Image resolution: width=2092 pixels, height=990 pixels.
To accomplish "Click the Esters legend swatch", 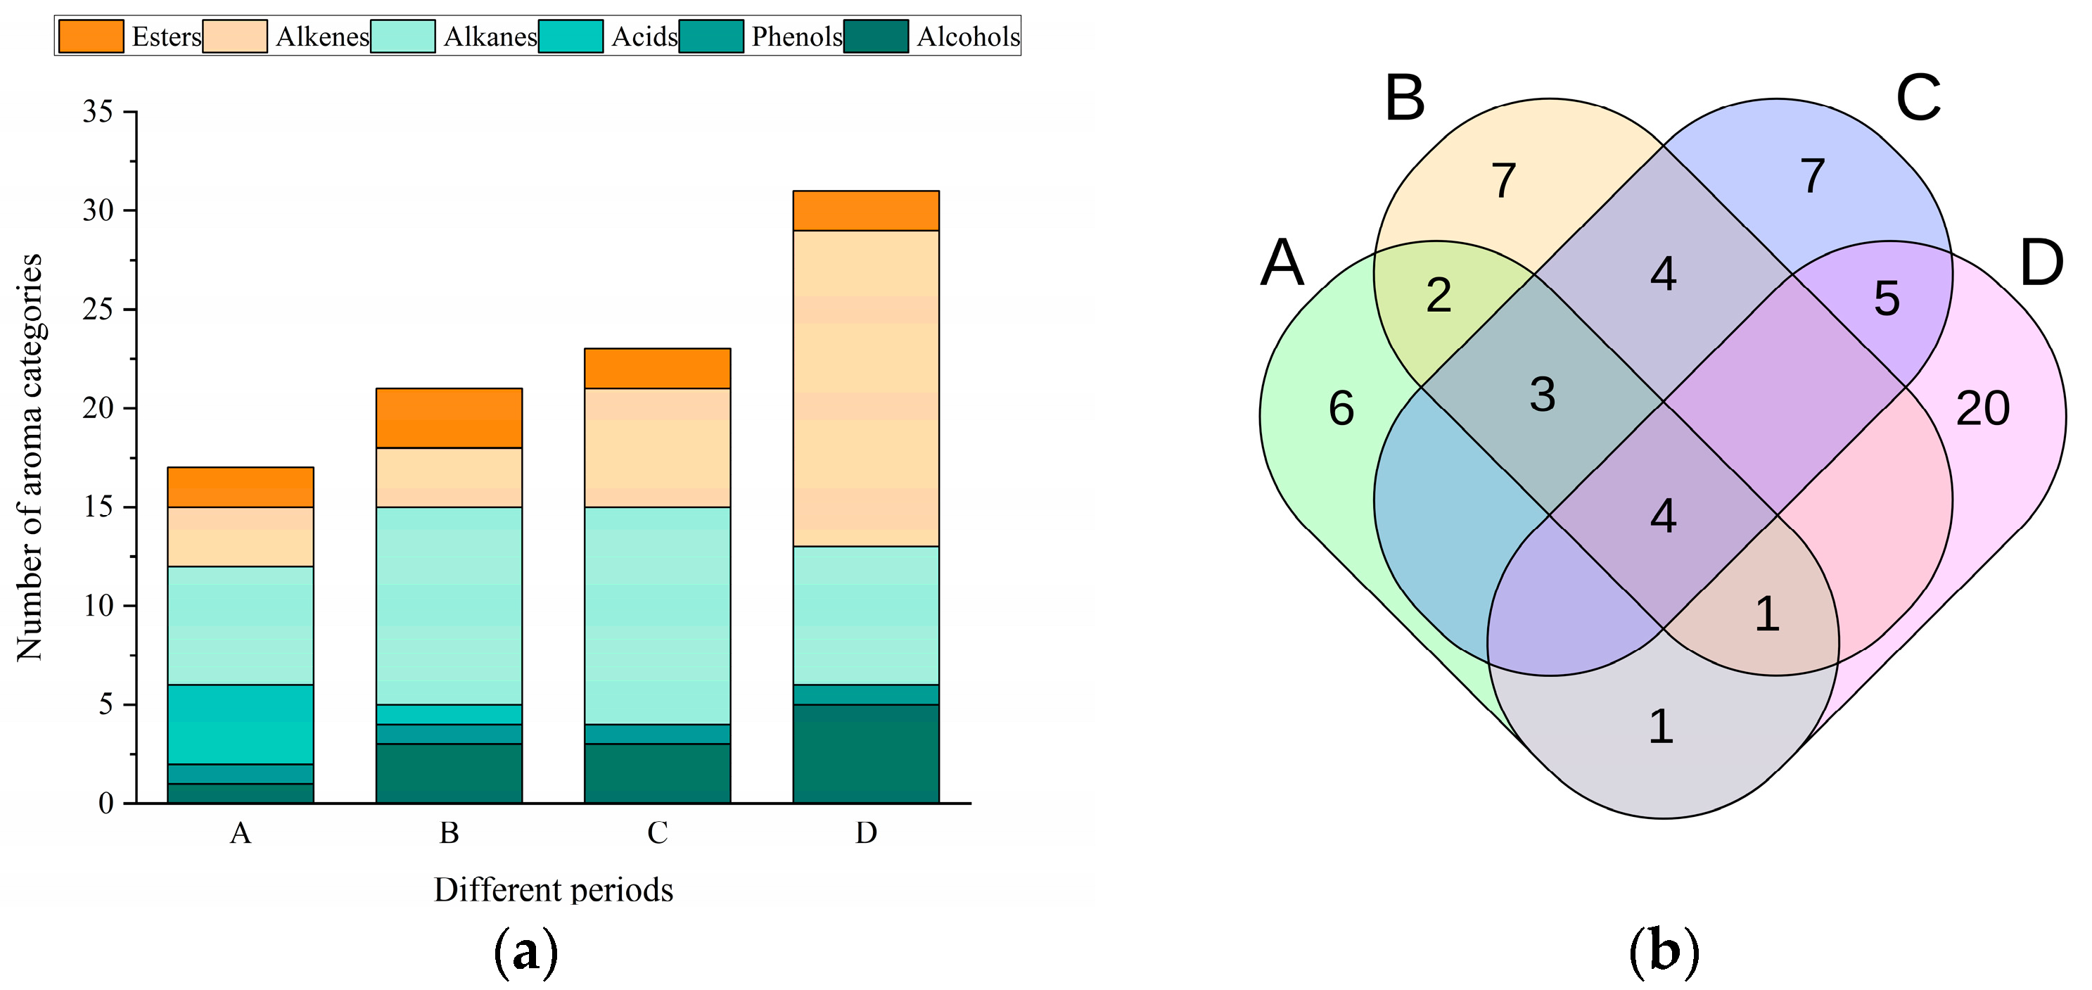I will point(91,37).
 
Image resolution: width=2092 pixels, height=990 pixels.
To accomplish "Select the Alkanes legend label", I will point(490,37).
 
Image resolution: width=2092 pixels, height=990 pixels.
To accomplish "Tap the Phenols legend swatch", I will point(711,37).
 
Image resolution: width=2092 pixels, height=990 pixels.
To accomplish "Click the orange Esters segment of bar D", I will point(866,211).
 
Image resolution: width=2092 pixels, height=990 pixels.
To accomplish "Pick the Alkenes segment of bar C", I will point(657,448).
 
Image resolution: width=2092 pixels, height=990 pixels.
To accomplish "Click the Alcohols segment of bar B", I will point(448,773).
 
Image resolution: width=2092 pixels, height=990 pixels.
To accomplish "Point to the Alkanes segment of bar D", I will point(866,616).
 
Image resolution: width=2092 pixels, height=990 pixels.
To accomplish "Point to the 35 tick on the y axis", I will point(98,111).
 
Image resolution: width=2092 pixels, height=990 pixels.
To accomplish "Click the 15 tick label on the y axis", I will point(98,507).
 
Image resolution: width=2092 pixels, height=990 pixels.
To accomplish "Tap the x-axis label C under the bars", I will point(657,832).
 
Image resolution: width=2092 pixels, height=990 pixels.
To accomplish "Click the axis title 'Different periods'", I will point(553,890).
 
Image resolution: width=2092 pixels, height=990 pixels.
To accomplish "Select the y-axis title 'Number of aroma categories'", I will point(30,457).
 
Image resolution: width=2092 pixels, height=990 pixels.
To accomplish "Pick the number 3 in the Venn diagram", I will point(1542,395).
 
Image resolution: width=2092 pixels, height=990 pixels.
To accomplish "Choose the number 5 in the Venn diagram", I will point(1887,299).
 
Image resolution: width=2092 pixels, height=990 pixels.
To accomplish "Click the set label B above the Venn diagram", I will point(1405,99).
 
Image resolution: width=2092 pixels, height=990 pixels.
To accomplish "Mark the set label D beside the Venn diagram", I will point(2041,263).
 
